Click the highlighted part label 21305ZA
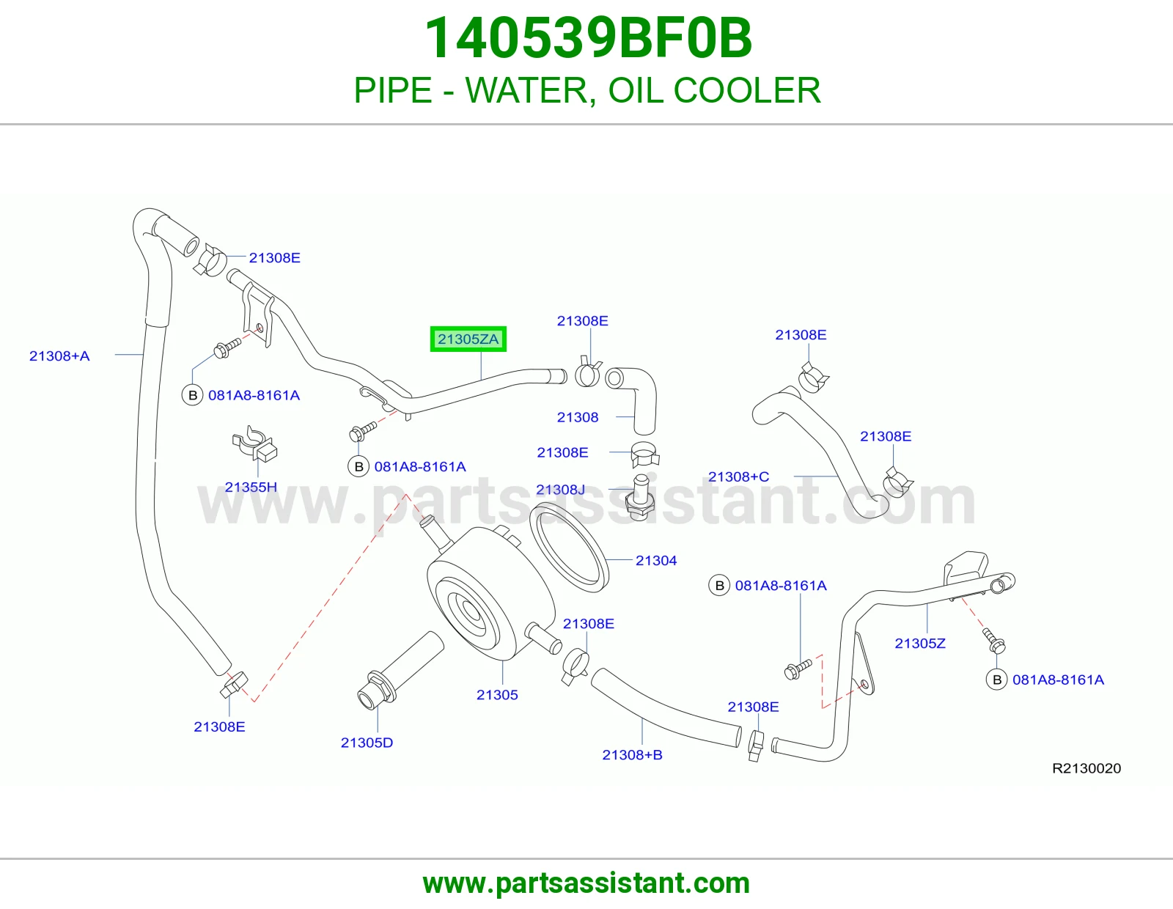point(468,339)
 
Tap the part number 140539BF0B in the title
point(588,38)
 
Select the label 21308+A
point(59,356)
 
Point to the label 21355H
point(251,487)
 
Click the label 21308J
point(560,490)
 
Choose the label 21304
point(656,560)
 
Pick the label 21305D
point(367,743)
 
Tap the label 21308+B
point(632,754)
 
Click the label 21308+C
point(738,476)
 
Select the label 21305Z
point(920,644)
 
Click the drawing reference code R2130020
point(1086,768)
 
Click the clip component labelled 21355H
point(254,444)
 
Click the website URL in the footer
point(586,883)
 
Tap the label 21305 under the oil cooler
point(497,695)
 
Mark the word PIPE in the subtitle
point(393,90)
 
